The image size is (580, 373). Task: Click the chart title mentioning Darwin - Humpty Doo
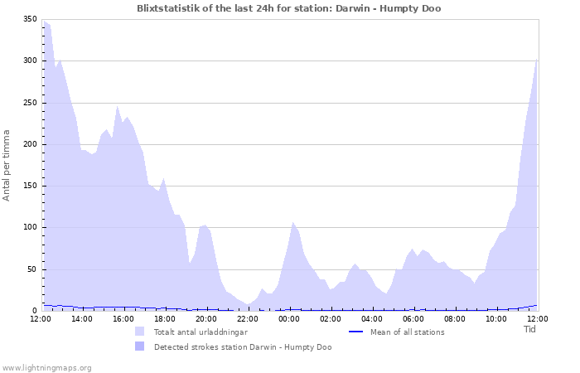click(289, 8)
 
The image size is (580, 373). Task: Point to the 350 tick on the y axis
click(29, 19)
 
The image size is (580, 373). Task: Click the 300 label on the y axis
click(29, 61)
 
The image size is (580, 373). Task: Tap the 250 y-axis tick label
click(29, 103)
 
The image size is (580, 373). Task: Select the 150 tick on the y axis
click(29, 186)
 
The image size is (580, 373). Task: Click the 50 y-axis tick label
click(31, 269)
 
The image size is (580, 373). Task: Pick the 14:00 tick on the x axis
click(82, 318)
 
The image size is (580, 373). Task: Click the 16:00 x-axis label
click(123, 318)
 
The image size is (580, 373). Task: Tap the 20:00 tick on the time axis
click(206, 318)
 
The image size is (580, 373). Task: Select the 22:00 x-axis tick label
click(248, 318)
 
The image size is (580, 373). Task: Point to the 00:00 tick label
click(289, 318)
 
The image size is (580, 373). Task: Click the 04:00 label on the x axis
click(372, 318)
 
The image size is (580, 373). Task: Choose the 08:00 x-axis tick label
click(455, 318)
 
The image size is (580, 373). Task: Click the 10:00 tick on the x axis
click(496, 318)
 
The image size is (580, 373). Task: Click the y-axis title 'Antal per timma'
click(7, 164)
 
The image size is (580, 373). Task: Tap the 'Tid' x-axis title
click(530, 329)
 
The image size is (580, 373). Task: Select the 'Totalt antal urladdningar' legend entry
click(195, 332)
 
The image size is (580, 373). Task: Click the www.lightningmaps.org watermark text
click(46, 367)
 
